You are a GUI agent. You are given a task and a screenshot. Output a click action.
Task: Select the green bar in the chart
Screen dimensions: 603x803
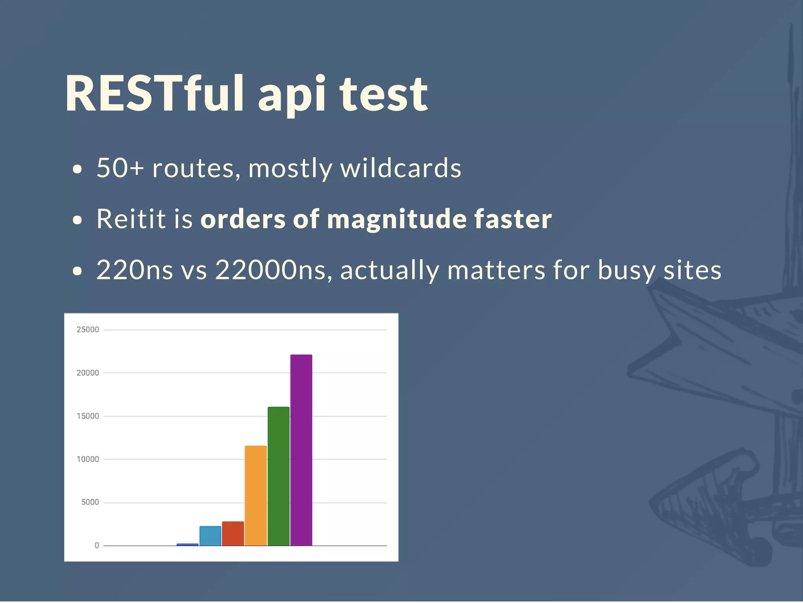coord(278,476)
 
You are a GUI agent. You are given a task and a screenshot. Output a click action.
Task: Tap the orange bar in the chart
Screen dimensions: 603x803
coord(256,496)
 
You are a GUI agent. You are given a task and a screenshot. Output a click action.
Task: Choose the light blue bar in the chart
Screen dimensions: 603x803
coord(210,536)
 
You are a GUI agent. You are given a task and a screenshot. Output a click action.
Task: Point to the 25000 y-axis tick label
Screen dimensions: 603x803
coord(87,330)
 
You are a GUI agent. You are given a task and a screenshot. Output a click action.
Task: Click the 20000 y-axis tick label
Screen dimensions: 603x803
coord(87,373)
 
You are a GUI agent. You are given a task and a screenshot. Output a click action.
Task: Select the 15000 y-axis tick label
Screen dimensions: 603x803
coord(87,416)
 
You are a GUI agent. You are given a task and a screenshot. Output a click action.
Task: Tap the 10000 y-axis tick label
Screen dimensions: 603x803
coord(87,459)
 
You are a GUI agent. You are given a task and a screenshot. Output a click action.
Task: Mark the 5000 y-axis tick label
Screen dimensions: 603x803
coord(90,502)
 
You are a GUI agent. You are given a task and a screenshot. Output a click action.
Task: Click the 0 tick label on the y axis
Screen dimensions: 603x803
coord(96,545)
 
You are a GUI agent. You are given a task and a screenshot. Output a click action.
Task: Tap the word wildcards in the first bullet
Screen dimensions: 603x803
coord(400,168)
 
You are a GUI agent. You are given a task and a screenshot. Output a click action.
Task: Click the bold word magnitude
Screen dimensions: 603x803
coord(396,220)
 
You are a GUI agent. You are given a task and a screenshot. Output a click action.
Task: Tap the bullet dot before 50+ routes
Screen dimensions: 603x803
coord(78,169)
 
